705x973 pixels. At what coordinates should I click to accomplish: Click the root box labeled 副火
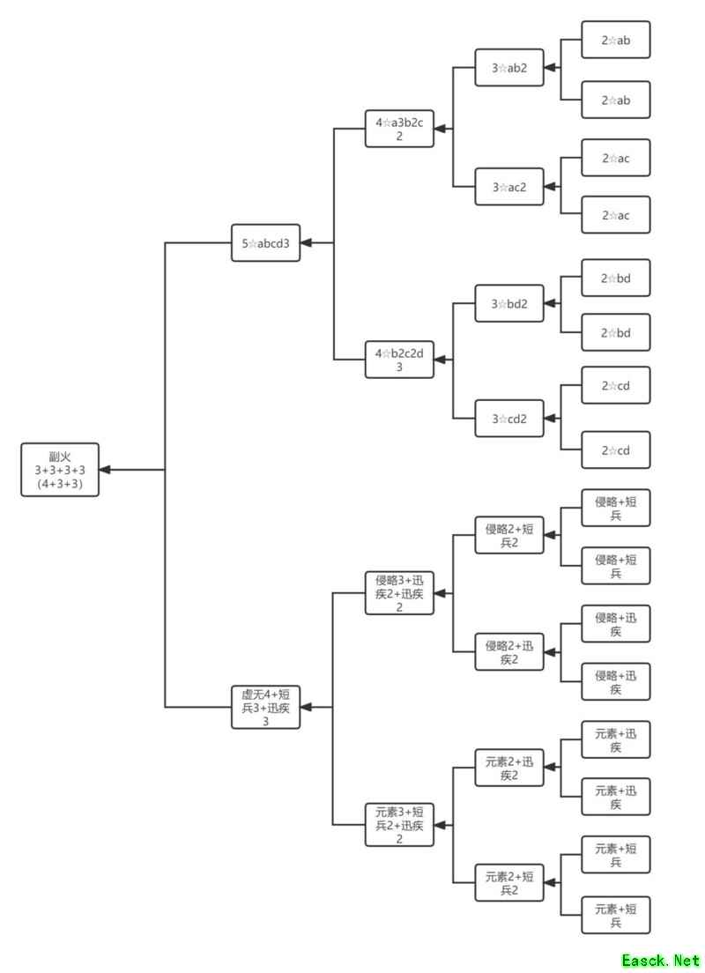tap(60, 470)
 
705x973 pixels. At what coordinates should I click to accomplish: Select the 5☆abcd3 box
tap(265, 243)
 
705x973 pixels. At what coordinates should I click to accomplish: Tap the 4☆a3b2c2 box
tap(399, 129)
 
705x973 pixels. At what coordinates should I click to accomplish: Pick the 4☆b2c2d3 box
tap(399, 360)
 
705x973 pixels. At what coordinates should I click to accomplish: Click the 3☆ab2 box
tap(509, 68)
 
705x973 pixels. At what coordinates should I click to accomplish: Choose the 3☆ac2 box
tap(509, 187)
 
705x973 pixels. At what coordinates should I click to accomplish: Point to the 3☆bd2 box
tap(509, 304)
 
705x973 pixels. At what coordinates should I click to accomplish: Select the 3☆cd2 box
tap(509, 419)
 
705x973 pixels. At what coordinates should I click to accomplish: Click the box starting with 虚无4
tap(265, 708)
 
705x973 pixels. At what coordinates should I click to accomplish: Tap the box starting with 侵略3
tap(399, 593)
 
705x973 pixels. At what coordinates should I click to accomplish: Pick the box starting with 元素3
tap(399, 825)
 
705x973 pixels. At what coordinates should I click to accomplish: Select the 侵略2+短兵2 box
tap(509, 535)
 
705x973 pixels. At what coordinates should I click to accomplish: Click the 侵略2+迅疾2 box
tap(509, 652)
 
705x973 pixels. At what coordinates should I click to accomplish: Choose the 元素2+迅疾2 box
tap(509, 768)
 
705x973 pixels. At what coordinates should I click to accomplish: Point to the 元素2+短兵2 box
tap(509, 883)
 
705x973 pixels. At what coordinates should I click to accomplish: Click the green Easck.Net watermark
tap(660, 960)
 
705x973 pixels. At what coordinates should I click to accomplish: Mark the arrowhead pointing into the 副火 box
tap(106, 470)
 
